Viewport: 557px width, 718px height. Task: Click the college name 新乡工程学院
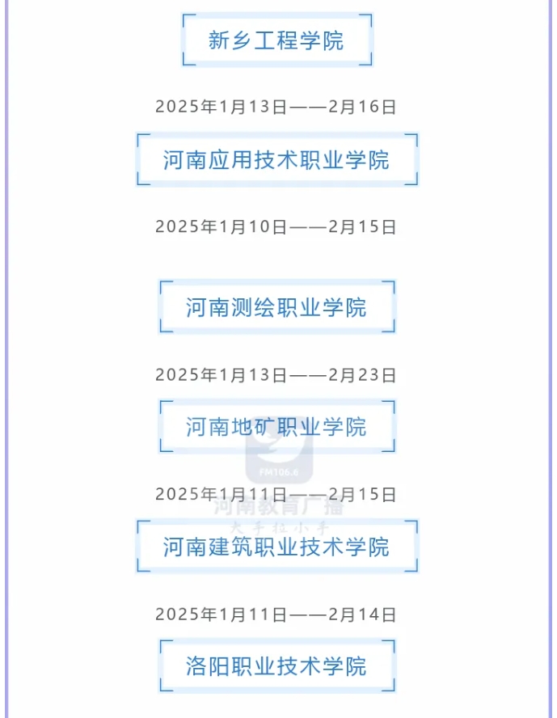(276, 40)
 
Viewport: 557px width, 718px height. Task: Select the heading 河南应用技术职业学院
(276, 160)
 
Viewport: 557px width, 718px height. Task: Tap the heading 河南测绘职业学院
(276, 307)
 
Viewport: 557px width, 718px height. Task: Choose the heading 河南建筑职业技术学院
(276, 547)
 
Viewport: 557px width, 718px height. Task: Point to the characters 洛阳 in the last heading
(208, 666)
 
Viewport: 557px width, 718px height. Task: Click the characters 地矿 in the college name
(253, 427)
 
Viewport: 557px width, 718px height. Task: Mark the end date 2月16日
(362, 107)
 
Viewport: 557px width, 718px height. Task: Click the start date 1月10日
(253, 226)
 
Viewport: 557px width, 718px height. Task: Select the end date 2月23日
(362, 375)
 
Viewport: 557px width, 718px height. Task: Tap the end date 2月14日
(362, 615)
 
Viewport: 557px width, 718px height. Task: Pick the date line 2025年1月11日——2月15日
(276, 495)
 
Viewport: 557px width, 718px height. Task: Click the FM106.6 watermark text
(279, 472)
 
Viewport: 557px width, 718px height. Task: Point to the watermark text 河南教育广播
(279, 507)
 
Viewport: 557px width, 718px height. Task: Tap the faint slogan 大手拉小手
(279, 528)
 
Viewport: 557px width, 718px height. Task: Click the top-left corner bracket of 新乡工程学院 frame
(188, 19)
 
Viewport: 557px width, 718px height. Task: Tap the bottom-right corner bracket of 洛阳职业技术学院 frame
(390, 686)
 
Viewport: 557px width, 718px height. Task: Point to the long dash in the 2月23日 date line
(308, 375)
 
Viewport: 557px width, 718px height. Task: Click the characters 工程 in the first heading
(276, 40)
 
